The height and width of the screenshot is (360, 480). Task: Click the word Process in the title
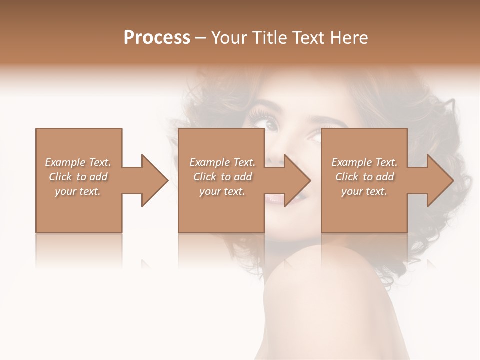coord(157,38)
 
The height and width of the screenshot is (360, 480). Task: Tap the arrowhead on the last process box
coord(439,180)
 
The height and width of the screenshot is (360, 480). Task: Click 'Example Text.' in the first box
coord(78,162)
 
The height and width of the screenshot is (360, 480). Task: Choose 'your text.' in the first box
coord(78,191)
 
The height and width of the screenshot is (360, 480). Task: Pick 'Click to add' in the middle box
coord(222,177)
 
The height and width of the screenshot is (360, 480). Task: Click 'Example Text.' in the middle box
coord(222,162)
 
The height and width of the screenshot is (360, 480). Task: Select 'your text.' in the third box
coord(364,191)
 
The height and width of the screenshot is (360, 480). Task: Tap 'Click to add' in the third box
coord(364,177)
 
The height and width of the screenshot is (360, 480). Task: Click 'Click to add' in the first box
coord(78,177)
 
